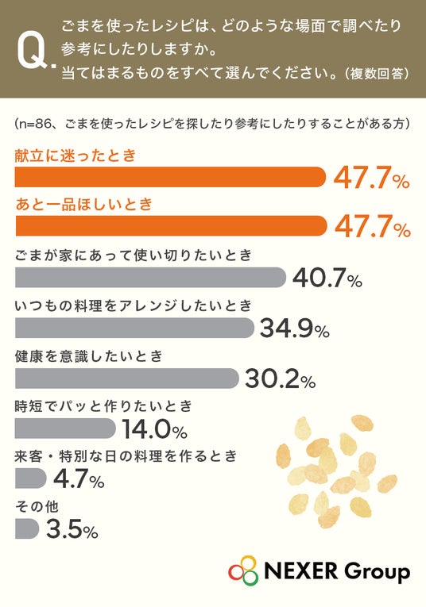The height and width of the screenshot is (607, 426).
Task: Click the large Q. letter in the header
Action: tap(36, 52)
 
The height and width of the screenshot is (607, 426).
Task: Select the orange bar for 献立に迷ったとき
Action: tap(170, 177)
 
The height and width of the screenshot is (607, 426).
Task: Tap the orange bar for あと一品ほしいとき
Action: tap(171, 225)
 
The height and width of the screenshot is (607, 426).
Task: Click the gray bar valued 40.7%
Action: tap(150, 277)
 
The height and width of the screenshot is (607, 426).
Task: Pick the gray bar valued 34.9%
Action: tap(134, 328)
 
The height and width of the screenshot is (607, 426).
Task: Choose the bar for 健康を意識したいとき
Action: tap(126, 378)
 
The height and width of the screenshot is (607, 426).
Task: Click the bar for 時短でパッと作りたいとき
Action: tap(65, 428)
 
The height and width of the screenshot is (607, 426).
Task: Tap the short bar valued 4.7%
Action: tap(31, 478)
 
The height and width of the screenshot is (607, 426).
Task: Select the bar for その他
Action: tap(27, 528)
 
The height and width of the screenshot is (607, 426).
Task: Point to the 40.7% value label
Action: tap(327, 278)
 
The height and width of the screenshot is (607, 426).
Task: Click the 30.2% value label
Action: tap(280, 378)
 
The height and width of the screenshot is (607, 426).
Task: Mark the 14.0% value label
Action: tap(155, 428)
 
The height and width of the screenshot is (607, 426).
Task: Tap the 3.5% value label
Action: tap(72, 528)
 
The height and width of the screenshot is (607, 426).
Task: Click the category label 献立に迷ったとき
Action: tap(76, 156)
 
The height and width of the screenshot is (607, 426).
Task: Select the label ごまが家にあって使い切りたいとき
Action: tap(134, 255)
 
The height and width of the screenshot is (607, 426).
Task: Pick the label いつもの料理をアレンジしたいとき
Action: tap(134, 305)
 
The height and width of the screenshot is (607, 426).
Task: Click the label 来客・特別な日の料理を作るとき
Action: tap(126, 456)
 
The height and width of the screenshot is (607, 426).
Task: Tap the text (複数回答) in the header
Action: tap(377, 73)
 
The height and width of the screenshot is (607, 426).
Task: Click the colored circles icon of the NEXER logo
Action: tap(243, 570)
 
